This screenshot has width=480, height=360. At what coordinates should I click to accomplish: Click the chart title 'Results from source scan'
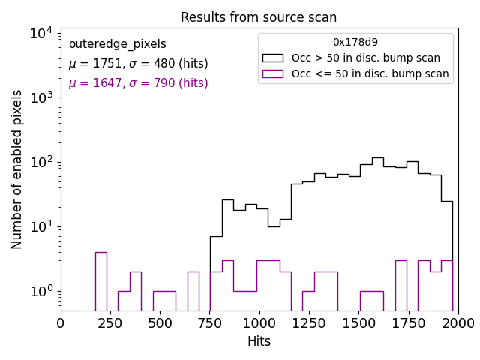tap(259, 17)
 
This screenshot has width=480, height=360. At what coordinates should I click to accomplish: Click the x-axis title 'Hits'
tap(259, 342)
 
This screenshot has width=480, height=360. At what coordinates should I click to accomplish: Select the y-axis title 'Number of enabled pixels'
tap(17, 169)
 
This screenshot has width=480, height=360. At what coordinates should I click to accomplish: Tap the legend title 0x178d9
tap(355, 42)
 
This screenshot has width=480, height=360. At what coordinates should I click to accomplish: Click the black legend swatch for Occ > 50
tap(274, 58)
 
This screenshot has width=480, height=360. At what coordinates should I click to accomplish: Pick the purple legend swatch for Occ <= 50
tap(274, 73)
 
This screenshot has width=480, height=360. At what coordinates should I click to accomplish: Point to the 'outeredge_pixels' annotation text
tap(117, 44)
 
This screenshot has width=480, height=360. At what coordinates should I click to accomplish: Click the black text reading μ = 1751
tap(138, 64)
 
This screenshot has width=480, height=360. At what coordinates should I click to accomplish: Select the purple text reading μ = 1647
tap(138, 83)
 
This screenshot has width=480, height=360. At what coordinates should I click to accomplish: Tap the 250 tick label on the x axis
tap(110, 323)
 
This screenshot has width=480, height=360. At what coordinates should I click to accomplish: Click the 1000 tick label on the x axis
tap(259, 323)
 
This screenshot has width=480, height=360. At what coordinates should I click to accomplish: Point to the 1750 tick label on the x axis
tap(408, 323)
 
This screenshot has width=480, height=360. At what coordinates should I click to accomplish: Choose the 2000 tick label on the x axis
tap(457, 323)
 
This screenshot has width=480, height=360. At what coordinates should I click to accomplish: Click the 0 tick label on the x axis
tap(61, 323)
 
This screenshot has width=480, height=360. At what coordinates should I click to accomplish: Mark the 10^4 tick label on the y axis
tap(40, 33)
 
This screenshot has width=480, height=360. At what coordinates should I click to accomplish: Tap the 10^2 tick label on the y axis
tap(40, 162)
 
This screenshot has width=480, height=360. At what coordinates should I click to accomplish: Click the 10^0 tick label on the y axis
tap(40, 291)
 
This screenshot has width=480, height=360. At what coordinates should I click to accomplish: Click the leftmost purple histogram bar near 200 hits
tap(101, 281)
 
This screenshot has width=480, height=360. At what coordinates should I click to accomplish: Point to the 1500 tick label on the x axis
tap(358, 323)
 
